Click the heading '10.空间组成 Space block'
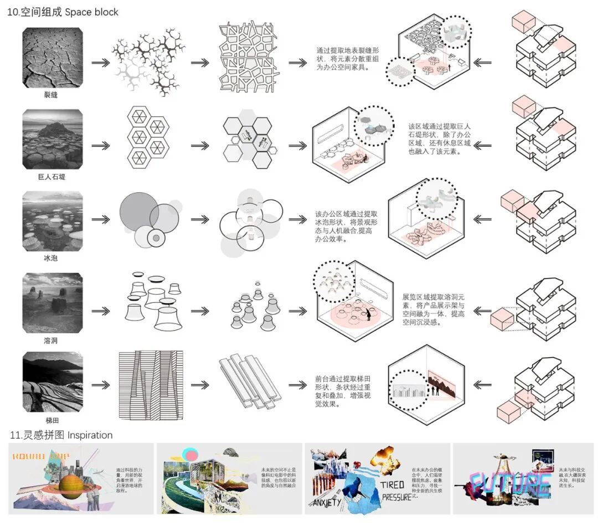pos(63,12)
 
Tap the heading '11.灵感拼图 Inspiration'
pos(61,435)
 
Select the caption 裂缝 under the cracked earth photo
pos(51,95)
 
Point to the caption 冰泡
pos(51,258)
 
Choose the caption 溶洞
pos(51,340)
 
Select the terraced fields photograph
pos(53,385)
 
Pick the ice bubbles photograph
pos(53,222)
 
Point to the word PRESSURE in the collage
pos(396,497)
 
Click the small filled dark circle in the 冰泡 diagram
pos(157,238)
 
